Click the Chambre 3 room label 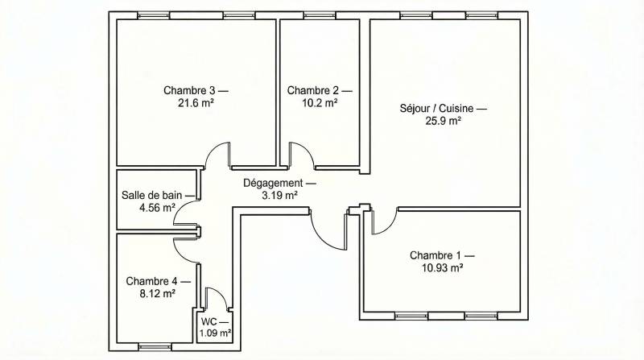tap(189, 90)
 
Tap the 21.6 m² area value tap(196, 103)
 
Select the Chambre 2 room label tap(313, 90)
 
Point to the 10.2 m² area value tap(320, 103)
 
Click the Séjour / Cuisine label tap(436, 109)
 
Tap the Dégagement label tap(273, 184)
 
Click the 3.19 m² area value tap(279, 196)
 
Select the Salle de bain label tap(151, 195)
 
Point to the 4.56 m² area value tap(157, 208)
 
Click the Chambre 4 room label tap(151, 282)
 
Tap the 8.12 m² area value tap(158, 294)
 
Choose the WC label tap(208, 322)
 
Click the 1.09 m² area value tap(215, 333)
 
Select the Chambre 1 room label tap(436, 255)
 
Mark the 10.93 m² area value tap(443, 268)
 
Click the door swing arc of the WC tap(221, 293)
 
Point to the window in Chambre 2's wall tap(320, 15)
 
